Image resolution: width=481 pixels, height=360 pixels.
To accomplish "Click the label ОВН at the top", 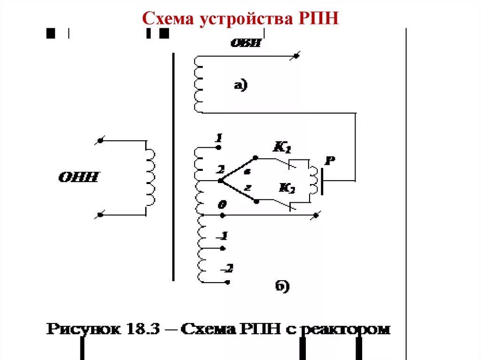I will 245,43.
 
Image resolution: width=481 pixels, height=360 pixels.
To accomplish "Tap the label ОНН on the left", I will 78,177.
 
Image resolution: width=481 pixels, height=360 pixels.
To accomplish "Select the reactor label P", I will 330,161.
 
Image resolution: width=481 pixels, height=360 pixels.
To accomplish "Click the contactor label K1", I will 282,147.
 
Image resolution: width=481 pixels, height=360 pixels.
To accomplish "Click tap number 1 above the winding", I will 218,138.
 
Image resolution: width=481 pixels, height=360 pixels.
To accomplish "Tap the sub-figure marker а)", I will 240,85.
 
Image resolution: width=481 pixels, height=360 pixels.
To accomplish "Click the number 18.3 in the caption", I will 141,329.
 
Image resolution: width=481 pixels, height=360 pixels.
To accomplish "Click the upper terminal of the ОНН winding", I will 100,140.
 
